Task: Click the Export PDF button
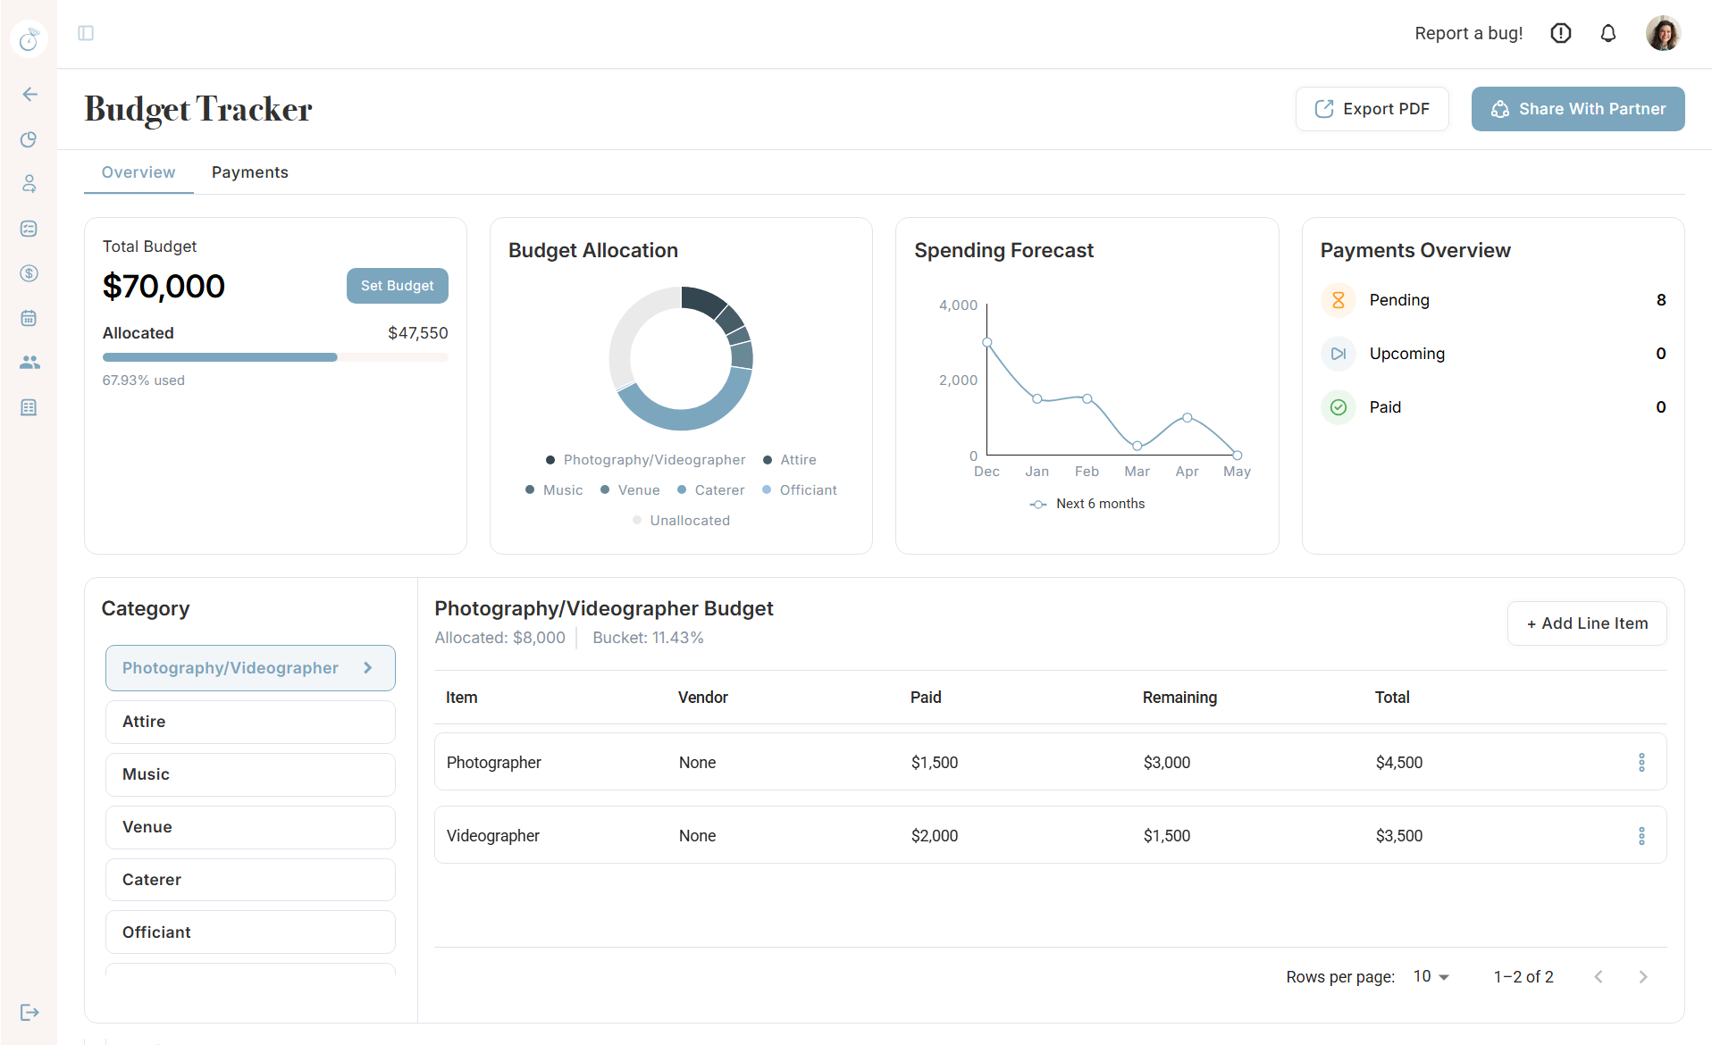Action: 1372,109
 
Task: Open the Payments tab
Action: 249,172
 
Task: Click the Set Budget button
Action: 397,286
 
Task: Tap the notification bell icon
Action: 1607,34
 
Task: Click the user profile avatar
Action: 1662,34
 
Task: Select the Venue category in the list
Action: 250,827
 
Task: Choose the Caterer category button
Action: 250,880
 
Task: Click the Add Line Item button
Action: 1586,623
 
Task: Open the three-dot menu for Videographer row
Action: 1641,836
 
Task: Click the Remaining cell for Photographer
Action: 1166,763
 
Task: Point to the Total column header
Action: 1391,698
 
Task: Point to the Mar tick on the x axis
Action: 1137,472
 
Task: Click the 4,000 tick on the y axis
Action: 958,305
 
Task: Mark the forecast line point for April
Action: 1187,418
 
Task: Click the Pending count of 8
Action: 1660,300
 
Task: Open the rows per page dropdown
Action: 1431,976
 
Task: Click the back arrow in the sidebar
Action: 29,95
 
